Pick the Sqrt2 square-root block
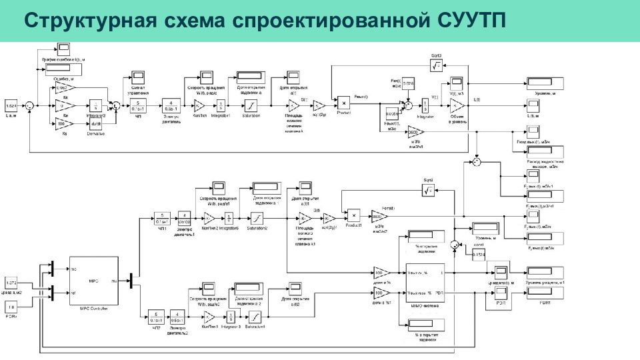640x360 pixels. [427, 191]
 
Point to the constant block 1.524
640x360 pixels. [11, 107]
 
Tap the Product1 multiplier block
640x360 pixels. [355, 215]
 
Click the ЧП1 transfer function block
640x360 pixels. [161, 218]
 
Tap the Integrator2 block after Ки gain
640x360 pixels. [96, 105]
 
